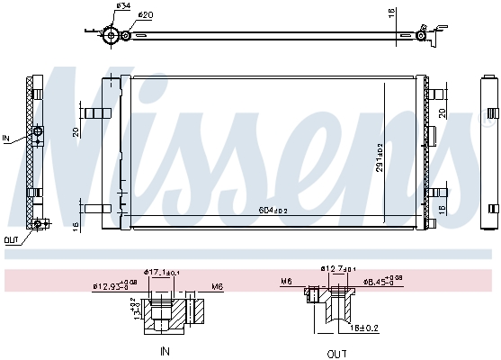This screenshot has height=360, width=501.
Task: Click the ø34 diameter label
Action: click(x=123, y=6)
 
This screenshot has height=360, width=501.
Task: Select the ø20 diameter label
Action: click(x=146, y=15)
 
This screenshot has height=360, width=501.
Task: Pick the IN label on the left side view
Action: click(x=6, y=139)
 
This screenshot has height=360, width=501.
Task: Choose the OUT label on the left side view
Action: click(x=10, y=239)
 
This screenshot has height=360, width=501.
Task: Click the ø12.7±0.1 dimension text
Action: click(x=339, y=268)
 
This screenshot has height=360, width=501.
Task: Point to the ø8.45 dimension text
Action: click(x=380, y=281)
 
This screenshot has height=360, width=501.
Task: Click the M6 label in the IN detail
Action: click(x=217, y=286)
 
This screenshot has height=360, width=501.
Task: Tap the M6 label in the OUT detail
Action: click(x=286, y=281)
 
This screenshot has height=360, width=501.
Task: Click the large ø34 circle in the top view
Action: click(x=112, y=36)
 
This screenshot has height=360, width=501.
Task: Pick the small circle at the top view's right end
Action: click(x=421, y=36)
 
